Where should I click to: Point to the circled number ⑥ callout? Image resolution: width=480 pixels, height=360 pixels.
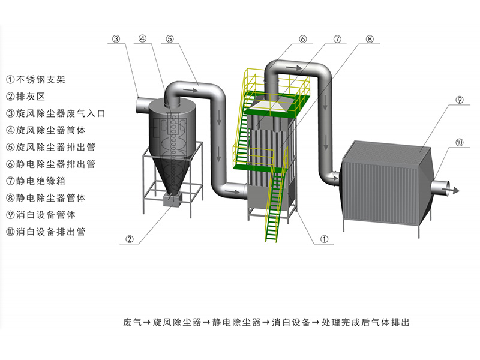(303, 40)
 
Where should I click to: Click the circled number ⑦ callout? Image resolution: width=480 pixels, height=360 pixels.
(337, 40)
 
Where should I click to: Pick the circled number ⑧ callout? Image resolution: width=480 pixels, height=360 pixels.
(370, 40)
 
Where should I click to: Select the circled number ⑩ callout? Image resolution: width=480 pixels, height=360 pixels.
(459, 143)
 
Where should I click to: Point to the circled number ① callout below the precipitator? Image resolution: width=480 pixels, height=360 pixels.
(324, 239)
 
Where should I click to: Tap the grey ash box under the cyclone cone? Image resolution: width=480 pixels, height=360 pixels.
(173, 201)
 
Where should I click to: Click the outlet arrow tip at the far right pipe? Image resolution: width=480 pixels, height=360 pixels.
(459, 190)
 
